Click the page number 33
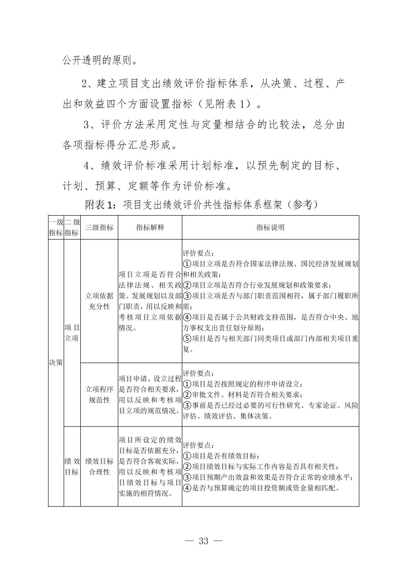[x=203, y=541]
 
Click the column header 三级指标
[x=99, y=227]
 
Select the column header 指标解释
[x=150, y=227]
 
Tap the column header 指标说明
[x=270, y=227]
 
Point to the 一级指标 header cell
[x=56, y=227]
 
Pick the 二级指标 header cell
[x=72, y=227]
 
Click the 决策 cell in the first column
[x=56, y=362]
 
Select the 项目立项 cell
[x=72, y=332]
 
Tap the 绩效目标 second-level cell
[x=72, y=466]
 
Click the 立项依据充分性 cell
[x=99, y=301]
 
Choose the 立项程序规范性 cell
[x=99, y=394]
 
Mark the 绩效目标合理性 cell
[x=99, y=466]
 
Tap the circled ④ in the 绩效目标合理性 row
[x=187, y=488]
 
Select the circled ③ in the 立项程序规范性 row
[x=187, y=405]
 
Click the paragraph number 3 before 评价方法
[x=86, y=125]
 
